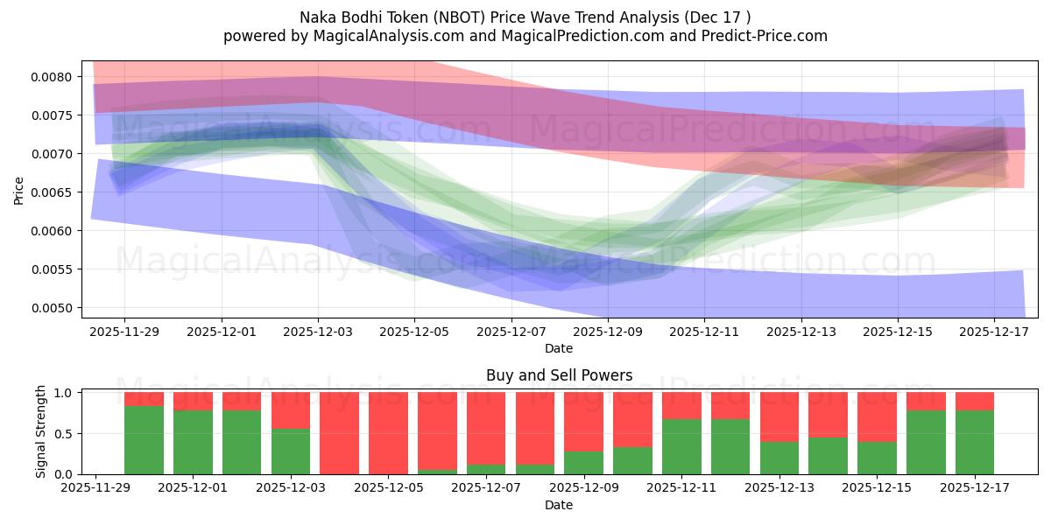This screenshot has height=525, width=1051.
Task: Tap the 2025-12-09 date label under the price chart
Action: click(608, 332)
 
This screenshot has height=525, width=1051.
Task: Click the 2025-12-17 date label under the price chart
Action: click(994, 332)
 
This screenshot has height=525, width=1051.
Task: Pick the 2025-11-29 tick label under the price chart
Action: click(124, 332)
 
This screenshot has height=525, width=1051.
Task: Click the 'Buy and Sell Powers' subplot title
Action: click(559, 375)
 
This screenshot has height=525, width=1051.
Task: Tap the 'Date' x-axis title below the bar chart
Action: click(559, 505)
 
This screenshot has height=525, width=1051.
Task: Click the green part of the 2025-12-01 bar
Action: click(194, 443)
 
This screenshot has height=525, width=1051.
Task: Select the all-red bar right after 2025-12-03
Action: click(339, 433)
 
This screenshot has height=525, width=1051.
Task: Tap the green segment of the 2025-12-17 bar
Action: click(975, 443)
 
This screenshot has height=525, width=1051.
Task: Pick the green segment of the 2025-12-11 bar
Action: click(681, 447)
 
